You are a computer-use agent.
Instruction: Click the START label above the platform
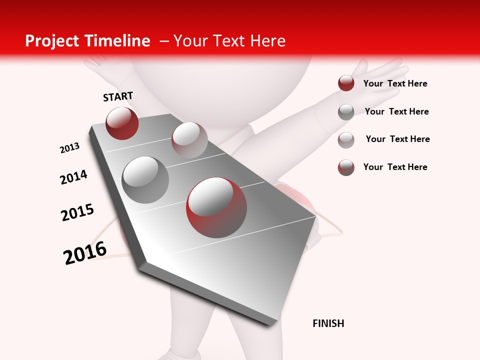[118, 96]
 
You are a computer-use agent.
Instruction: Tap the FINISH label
[328, 323]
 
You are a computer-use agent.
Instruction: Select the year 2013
[70, 148]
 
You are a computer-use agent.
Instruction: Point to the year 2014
[73, 177]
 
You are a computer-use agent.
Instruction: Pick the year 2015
[77, 212]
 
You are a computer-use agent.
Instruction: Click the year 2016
[85, 253]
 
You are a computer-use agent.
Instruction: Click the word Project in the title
[52, 41]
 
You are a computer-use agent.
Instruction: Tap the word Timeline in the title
[120, 41]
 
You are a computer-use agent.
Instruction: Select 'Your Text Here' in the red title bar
[229, 41]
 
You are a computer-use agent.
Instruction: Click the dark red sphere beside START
[122, 123]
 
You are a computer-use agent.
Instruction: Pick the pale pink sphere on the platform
[189, 139]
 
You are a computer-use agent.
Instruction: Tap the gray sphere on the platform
[145, 179]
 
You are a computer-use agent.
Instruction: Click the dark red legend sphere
[346, 83]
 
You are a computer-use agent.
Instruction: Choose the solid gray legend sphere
[346, 112]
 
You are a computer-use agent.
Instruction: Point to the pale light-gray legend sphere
[346, 139]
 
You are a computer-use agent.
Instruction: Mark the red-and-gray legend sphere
[346, 167]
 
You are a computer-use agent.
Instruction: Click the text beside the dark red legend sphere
[395, 83]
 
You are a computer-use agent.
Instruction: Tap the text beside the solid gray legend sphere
[396, 111]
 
